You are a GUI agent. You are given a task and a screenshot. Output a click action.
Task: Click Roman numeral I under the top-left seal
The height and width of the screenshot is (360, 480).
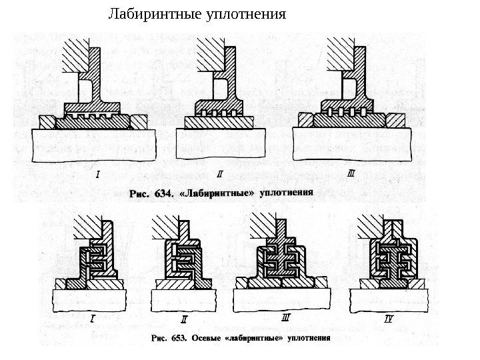tap(98, 176)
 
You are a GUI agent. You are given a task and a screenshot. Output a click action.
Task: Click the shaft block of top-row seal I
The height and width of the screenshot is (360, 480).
tap(93, 145)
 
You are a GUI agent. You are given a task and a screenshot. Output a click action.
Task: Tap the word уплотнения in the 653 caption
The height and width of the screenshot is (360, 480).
tap(308, 337)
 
